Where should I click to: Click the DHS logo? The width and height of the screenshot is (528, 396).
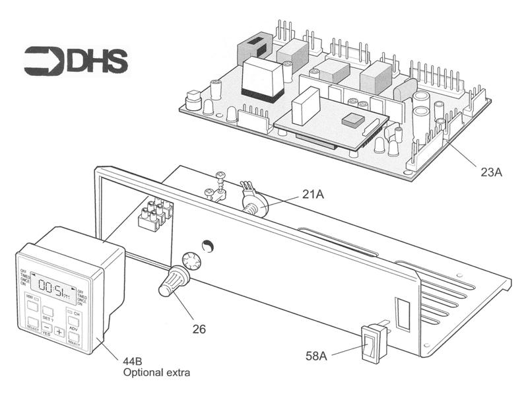click(76, 60)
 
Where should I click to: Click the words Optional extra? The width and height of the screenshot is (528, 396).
click(156, 373)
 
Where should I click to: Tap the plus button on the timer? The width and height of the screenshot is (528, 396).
click(59, 331)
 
